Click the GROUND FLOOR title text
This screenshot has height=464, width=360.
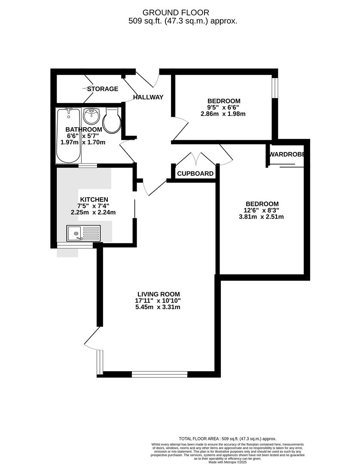(x=183, y=12)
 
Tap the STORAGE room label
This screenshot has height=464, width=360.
(x=103, y=89)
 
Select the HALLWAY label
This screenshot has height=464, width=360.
(x=148, y=97)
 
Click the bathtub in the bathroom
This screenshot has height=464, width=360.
(x=67, y=135)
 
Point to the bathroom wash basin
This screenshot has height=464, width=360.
(x=91, y=116)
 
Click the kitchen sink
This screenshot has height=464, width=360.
(x=83, y=233)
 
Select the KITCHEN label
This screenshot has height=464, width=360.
(x=93, y=199)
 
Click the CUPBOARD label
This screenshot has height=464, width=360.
(x=195, y=174)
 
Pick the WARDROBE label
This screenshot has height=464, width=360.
(x=287, y=154)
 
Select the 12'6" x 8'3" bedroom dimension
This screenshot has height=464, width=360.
(x=262, y=210)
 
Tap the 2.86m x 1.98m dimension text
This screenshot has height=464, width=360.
(x=223, y=114)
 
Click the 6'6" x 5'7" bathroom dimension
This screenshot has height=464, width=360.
(x=81, y=136)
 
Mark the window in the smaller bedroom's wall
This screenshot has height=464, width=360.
(x=275, y=88)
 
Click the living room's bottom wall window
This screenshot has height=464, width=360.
(x=159, y=374)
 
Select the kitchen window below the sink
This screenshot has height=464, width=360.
(x=75, y=245)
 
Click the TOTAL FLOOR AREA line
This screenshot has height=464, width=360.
(x=227, y=439)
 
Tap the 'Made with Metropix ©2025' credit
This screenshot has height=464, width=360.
(x=227, y=462)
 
